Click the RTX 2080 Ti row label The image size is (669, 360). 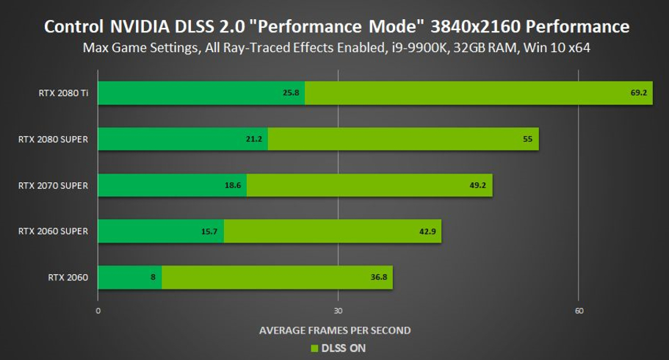pos(64,93)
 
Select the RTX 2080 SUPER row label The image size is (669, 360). pos(53,140)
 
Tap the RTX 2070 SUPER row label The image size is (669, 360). pos(53,185)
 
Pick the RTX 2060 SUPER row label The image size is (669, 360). pos(53,231)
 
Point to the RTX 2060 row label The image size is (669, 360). pos(68,277)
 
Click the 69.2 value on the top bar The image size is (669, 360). pos(637,93)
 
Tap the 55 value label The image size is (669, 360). pos(527,140)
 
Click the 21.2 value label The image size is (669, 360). pos(256,140)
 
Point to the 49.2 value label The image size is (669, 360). pos(477,185)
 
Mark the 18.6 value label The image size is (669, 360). pos(234,185)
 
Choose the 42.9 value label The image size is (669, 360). pos(427,231)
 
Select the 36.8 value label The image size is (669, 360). pos(378,277)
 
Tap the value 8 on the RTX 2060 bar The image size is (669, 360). pos(153,277)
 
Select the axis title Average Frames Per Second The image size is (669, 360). pos(334,330)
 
